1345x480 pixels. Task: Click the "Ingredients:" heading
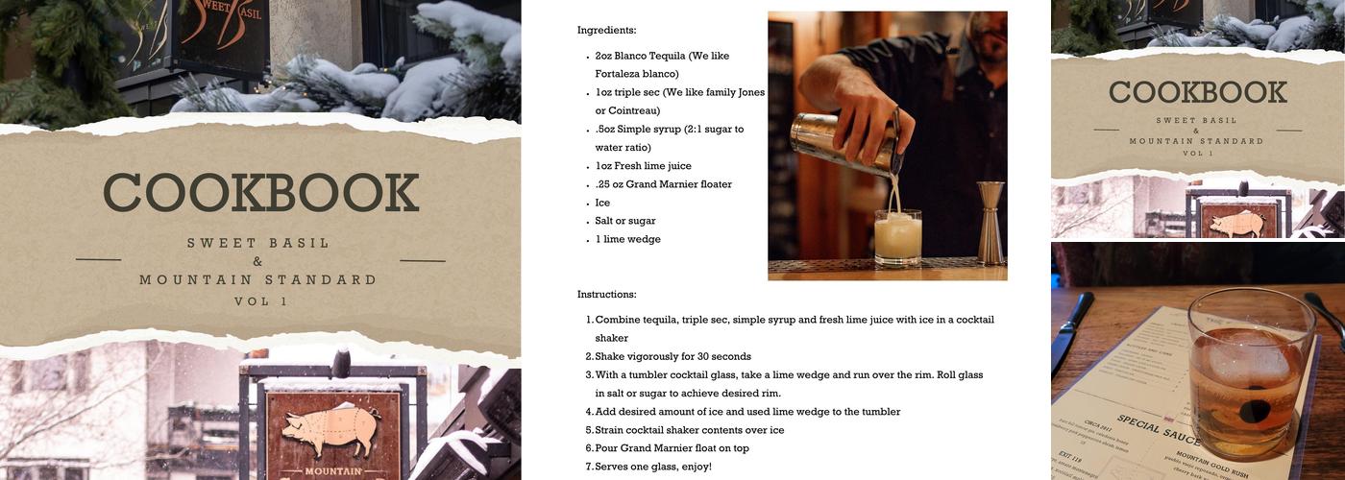[x=606, y=31]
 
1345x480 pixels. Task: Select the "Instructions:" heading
[x=606, y=294]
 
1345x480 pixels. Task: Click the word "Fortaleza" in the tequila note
[x=622, y=74]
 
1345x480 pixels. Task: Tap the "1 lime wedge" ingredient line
[x=627, y=239]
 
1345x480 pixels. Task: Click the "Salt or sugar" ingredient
[x=625, y=221]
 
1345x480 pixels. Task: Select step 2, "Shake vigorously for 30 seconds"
[x=672, y=356]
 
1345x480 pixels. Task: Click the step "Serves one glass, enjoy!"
[x=653, y=467]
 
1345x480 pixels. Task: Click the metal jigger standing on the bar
[x=990, y=223]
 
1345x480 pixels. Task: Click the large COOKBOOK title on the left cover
[x=260, y=193]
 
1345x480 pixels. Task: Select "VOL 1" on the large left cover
[x=260, y=300]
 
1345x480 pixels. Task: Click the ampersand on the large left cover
[x=257, y=262]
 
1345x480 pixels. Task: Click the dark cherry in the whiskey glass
[x=1251, y=411]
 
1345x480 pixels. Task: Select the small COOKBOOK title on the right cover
[x=1197, y=93]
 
